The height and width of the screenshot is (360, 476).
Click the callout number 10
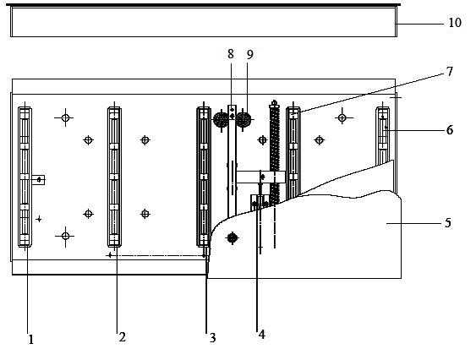455,23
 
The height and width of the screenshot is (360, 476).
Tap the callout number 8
231,54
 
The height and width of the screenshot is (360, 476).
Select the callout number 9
250,55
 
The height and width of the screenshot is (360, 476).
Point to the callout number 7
450,71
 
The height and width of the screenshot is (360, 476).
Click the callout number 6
450,130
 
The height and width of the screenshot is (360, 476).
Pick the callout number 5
448,223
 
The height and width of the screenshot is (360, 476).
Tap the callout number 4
262,334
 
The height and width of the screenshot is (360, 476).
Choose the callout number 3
213,337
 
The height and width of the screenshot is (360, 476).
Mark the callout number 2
122,337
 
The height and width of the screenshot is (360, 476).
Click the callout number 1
31,340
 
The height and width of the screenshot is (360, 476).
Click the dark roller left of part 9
221,120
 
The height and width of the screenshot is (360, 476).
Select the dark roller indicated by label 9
243,120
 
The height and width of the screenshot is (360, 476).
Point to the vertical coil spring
275,153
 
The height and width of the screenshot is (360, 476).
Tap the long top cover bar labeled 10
204,20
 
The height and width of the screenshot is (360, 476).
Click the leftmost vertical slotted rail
25,177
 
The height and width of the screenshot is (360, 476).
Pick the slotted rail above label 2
114,177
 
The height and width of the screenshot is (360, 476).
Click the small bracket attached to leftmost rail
38,180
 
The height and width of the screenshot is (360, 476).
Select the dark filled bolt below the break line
233,237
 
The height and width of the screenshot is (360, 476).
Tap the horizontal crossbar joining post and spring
260,177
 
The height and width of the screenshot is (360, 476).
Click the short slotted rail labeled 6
383,135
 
